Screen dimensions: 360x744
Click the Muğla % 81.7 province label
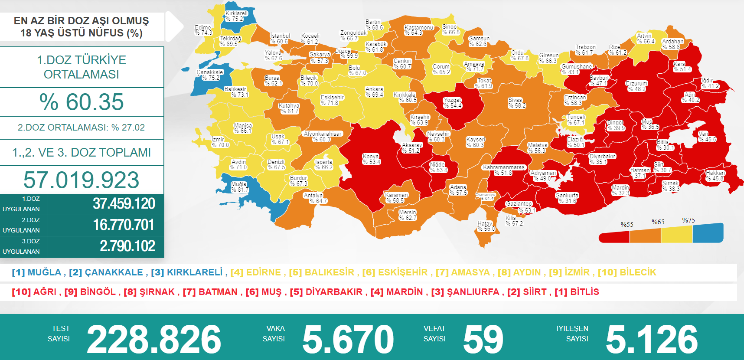point(239,187)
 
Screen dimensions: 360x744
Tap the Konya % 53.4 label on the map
point(371,159)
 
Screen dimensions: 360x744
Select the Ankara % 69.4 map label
point(374,92)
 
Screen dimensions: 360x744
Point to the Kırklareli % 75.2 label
point(236,16)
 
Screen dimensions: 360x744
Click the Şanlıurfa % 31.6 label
point(567,198)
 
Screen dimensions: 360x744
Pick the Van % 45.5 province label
point(707,137)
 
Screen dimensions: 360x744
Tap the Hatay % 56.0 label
point(486,226)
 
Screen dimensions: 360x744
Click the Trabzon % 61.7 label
point(585,50)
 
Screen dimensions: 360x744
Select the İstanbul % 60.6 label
point(280,39)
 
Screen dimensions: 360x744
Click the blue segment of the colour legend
point(708,233)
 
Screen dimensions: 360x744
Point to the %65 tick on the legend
point(658,222)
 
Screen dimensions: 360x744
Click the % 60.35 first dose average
point(82,102)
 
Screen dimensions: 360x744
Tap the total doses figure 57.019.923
point(82,180)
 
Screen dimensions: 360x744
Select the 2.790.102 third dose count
point(127,246)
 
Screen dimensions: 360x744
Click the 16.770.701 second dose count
point(124,225)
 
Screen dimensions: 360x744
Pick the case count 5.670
point(348,339)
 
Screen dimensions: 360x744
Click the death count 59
point(483,339)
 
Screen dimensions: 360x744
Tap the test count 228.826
point(154,339)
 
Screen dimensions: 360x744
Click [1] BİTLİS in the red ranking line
point(577,292)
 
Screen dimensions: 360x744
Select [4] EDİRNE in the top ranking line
point(256,272)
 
